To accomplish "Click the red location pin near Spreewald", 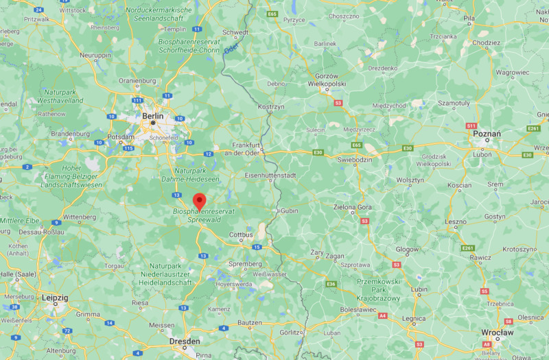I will pyautogui.click(x=200, y=202).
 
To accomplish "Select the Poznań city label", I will pyautogui.click(x=487, y=134).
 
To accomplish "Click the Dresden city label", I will pyautogui.click(x=185, y=341).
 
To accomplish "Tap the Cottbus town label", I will pyautogui.click(x=240, y=235).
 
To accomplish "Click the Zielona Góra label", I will pyautogui.click(x=353, y=206).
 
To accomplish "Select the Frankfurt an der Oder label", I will pyautogui.click(x=247, y=149).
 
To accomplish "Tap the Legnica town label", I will pyautogui.click(x=414, y=319).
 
